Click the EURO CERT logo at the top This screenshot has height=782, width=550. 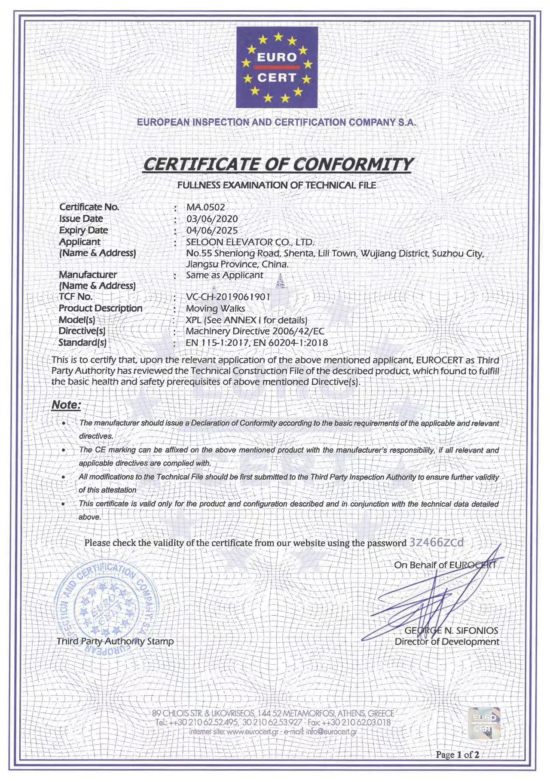[277, 67]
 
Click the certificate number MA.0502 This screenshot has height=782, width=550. [205, 207]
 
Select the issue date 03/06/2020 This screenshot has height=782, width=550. [212, 219]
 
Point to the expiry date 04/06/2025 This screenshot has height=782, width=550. [212, 230]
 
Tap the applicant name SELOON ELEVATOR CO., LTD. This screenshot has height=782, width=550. [251, 242]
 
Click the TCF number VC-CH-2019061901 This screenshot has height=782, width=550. [228, 297]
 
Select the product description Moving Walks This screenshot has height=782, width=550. [215, 309]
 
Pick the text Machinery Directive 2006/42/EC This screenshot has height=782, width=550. [255, 331]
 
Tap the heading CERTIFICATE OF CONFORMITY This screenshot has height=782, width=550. [278, 164]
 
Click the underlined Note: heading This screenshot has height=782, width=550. [66, 405]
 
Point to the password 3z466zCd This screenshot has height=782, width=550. [437, 542]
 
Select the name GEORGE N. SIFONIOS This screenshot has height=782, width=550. [451, 630]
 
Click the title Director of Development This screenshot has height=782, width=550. [447, 641]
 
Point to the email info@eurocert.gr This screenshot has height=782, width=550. [331, 731]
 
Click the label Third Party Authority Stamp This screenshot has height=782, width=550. [115, 641]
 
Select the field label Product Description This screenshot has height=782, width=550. [101, 308]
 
